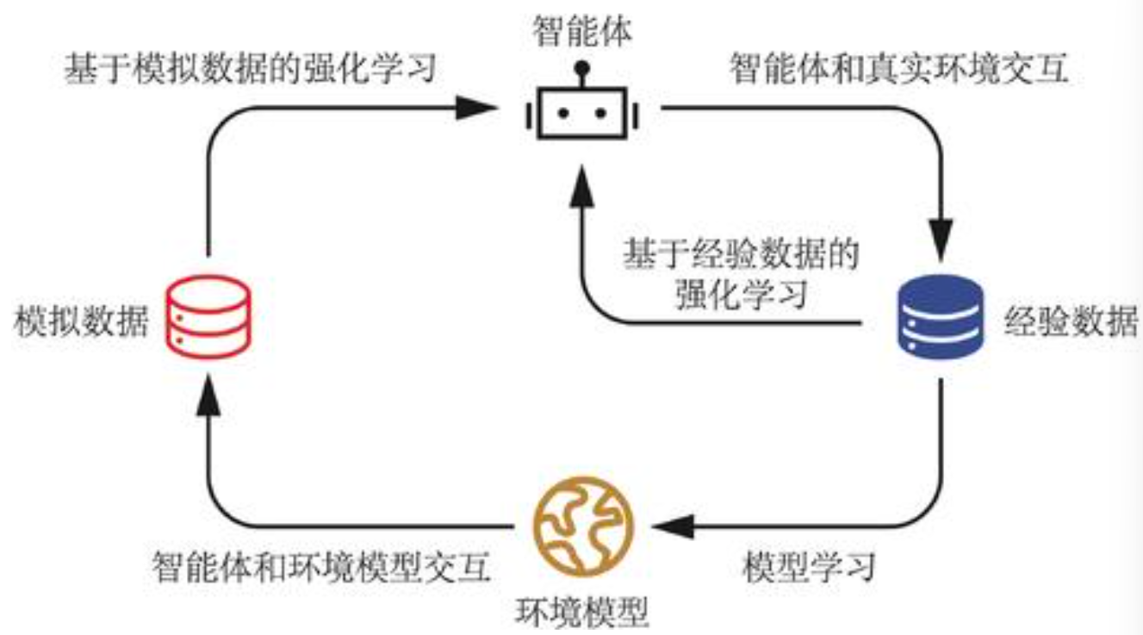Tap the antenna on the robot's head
[x=581, y=67]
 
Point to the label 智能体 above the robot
[x=581, y=32]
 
